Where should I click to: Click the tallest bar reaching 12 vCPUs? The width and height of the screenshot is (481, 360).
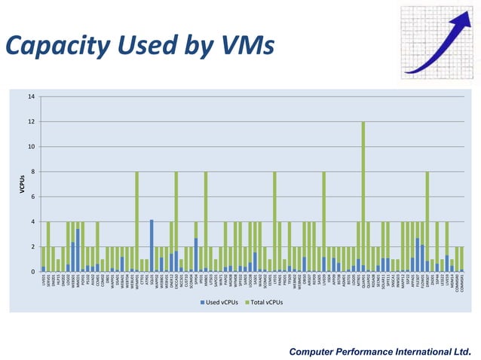[363, 196]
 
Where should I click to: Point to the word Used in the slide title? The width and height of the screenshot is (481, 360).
[147, 45]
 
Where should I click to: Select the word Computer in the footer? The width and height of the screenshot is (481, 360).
[314, 350]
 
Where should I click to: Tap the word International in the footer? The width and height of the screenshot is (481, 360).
[425, 350]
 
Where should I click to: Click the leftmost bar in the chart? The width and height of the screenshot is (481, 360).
[44, 259]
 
